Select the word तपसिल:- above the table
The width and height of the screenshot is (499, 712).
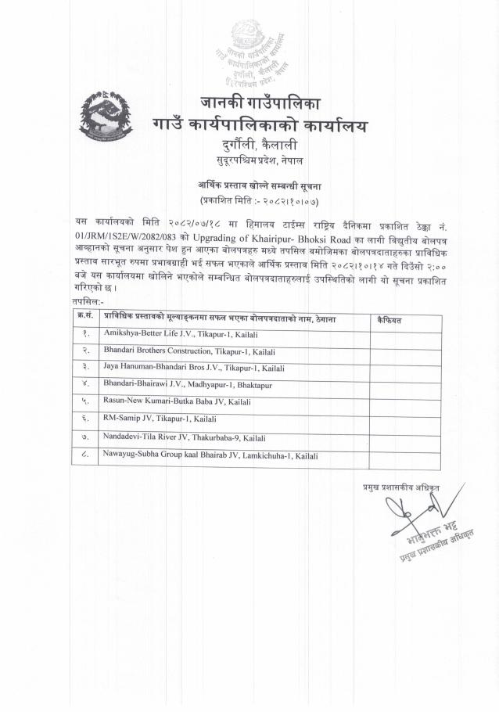(87, 301)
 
